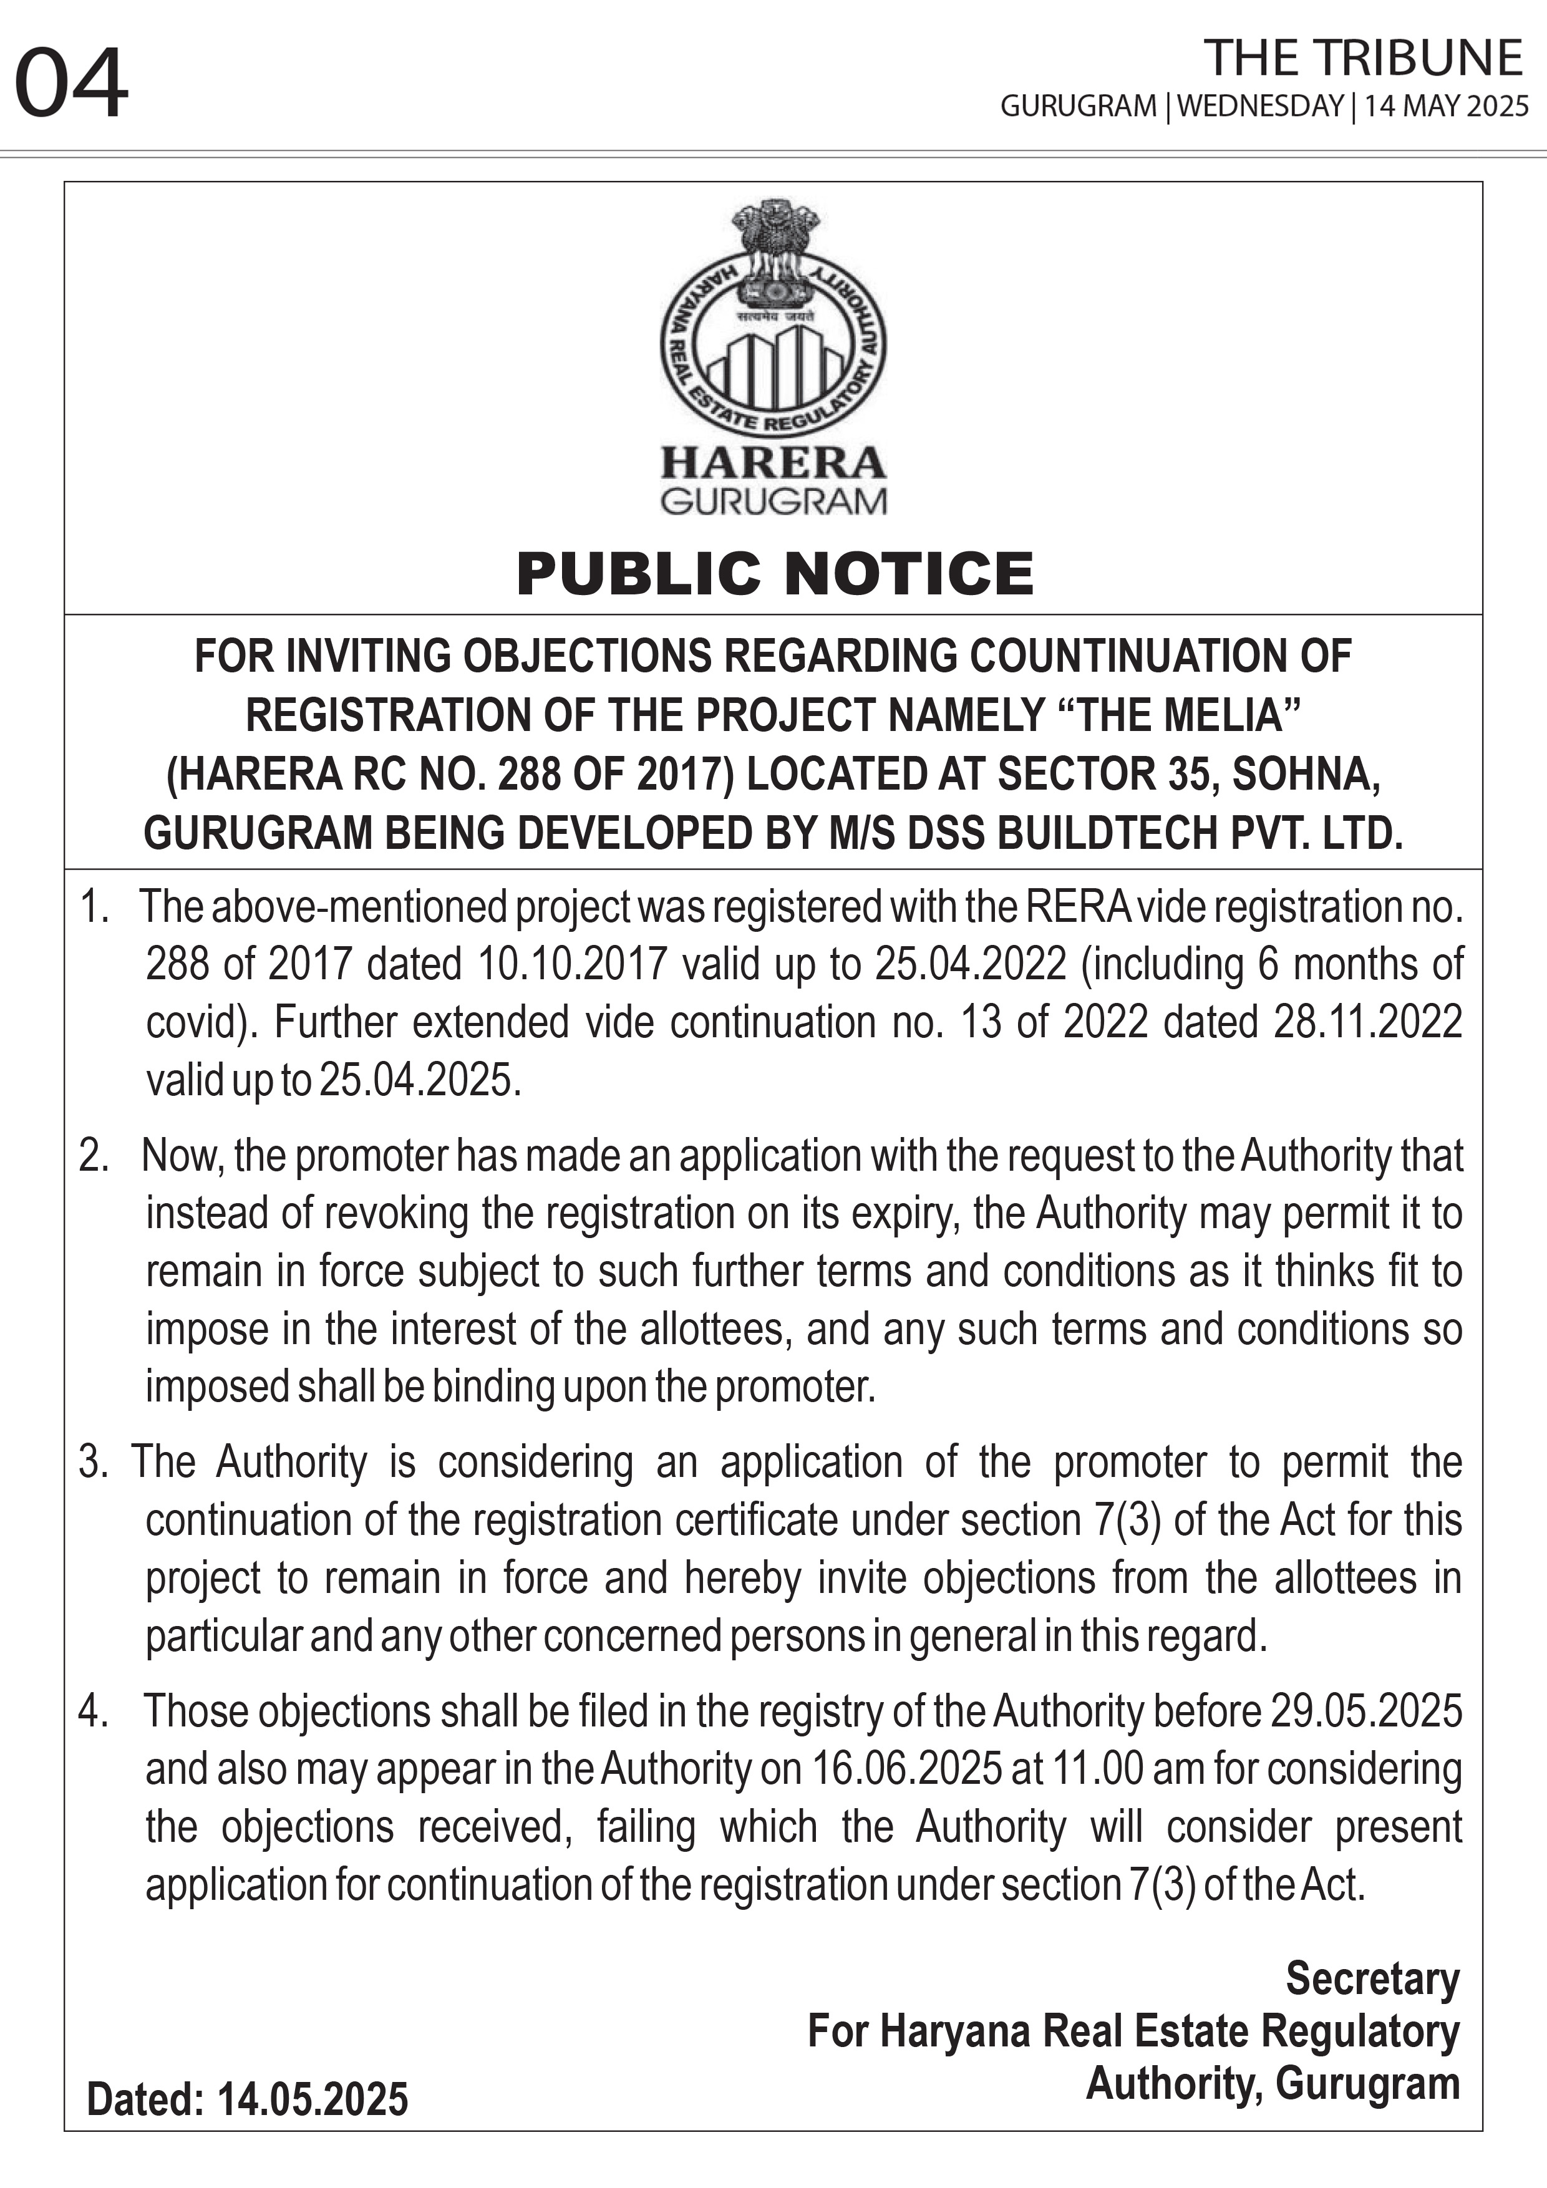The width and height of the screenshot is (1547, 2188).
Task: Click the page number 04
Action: (72, 86)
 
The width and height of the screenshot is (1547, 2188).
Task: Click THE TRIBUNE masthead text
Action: (1363, 59)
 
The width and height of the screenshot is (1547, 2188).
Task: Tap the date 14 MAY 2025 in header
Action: (1446, 106)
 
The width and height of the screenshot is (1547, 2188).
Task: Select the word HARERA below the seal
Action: (773, 463)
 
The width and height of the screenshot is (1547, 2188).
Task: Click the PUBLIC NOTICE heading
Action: (774, 574)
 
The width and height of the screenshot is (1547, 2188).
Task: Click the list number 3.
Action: (94, 1462)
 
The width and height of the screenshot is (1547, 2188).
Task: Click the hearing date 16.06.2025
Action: (906, 1769)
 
